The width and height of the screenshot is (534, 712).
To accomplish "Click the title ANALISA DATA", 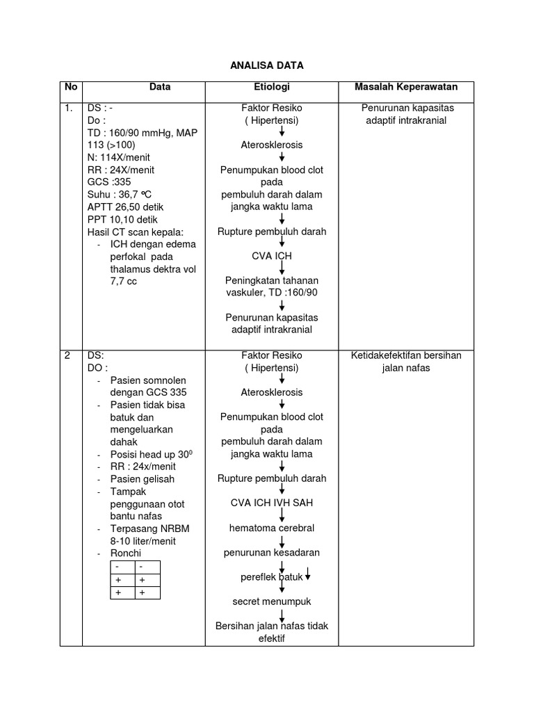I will tap(267, 65).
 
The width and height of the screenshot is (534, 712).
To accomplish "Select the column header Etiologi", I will tap(271, 88).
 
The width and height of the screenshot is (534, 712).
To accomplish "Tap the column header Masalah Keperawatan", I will tap(406, 88).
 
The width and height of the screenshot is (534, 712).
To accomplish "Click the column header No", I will tap(71, 88).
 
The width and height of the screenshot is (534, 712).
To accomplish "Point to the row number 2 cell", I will tap(67, 356).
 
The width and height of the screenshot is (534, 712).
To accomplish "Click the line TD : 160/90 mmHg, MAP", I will tap(142, 133).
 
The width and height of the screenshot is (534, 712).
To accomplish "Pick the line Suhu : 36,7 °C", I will tap(120, 195).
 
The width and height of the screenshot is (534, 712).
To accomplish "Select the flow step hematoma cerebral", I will tap(272, 528).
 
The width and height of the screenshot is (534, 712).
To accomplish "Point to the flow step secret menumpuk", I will tap(272, 601).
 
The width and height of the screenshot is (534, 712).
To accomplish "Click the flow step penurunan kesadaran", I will tap(272, 553).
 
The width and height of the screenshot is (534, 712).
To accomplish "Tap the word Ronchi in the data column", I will tap(126, 553).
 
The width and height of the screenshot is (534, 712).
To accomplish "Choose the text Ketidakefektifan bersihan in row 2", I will tap(406, 356).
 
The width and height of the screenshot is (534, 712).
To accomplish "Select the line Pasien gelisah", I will tap(143, 479).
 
